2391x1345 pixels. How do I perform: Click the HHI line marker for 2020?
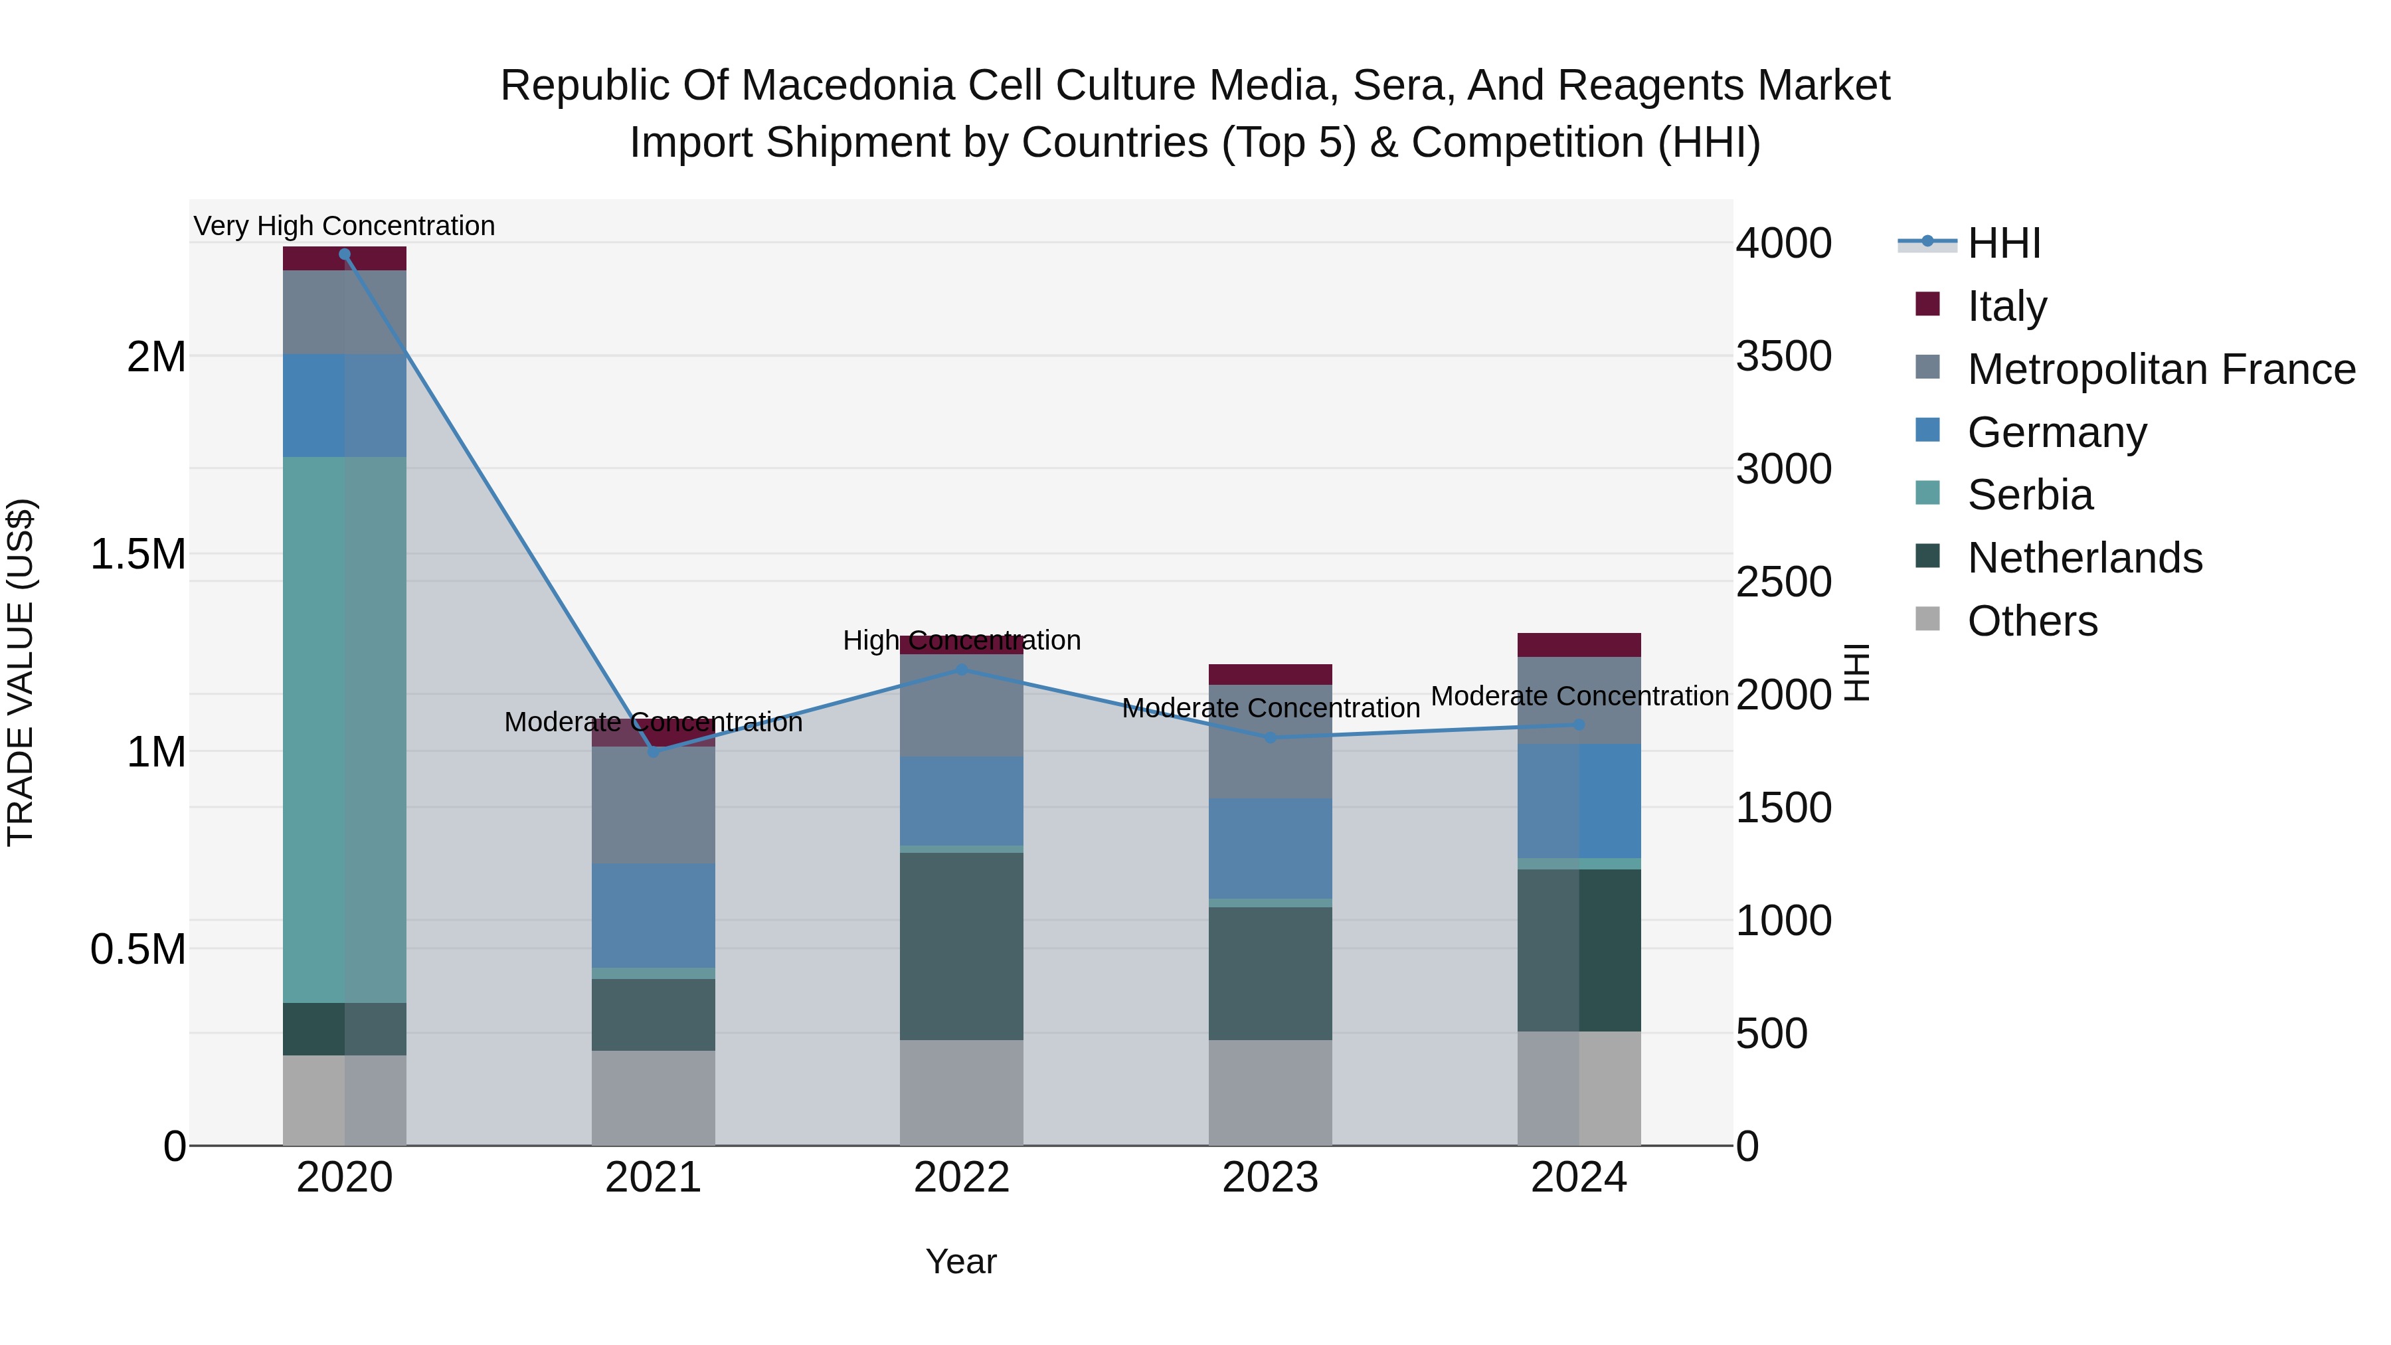coord(344,254)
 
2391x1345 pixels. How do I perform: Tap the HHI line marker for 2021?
coord(654,752)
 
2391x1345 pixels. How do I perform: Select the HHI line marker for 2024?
coord(1579,725)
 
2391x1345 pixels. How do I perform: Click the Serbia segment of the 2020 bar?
coord(344,729)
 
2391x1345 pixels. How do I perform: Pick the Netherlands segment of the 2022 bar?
coord(962,946)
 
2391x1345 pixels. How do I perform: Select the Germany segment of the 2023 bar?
coord(1270,848)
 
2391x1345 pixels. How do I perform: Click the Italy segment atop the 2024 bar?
coord(1579,645)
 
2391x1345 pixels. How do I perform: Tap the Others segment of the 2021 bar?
coord(654,1098)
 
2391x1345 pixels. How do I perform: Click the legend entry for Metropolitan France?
coord(2161,369)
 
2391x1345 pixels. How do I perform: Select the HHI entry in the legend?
coord(2003,243)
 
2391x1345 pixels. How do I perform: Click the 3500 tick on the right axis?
coord(1783,357)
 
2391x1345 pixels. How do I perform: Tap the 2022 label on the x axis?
coord(962,1178)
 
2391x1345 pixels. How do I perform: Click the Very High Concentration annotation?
coord(344,226)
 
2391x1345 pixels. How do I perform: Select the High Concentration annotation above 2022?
coord(962,640)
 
